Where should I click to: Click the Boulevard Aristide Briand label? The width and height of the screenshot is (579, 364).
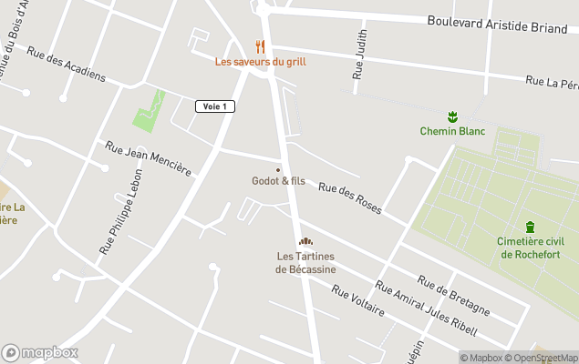pyautogui.click(x=497, y=23)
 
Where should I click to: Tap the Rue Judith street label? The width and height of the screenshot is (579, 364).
pyautogui.click(x=359, y=61)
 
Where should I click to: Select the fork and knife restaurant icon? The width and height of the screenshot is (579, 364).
pyautogui.click(x=260, y=46)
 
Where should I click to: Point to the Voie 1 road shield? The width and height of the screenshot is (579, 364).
pyautogui.click(x=215, y=106)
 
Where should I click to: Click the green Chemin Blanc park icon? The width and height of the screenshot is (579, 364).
pyautogui.click(x=451, y=116)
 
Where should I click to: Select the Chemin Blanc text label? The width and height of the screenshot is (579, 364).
pyautogui.click(x=452, y=131)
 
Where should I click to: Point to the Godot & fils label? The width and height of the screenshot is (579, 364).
pyautogui.click(x=278, y=181)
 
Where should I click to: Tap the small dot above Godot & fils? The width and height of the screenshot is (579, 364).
pyautogui.click(x=278, y=169)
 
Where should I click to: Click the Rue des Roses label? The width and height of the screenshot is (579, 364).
pyautogui.click(x=348, y=197)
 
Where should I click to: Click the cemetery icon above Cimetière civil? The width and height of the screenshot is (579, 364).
pyautogui.click(x=530, y=227)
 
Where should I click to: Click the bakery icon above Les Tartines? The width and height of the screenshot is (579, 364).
pyautogui.click(x=305, y=241)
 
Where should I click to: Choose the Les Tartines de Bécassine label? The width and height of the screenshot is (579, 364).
pyautogui.click(x=305, y=263)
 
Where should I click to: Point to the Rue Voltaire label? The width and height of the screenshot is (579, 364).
pyautogui.click(x=357, y=300)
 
